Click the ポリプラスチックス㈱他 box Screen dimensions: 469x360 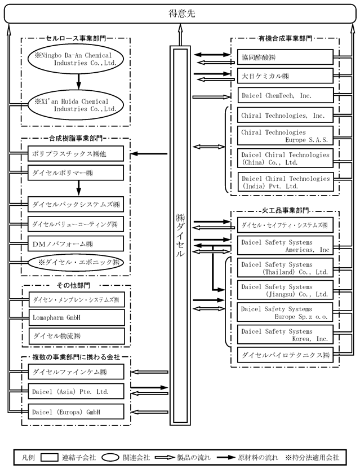pyautogui.click(x=75, y=153)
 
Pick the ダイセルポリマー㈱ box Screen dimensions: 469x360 pyautogui.click(x=75, y=171)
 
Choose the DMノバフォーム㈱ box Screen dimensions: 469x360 pyautogui.click(x=75, y=244)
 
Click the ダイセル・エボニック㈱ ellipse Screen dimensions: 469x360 pyautogui.click(x=75, y=262)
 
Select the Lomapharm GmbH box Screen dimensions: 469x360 pyautogui.click(x=75, y=317)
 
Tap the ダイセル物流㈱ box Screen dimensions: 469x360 pyautogui.click(x=75, y=335)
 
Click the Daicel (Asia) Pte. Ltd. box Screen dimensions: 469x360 pyautogui.click(x=75, y=390)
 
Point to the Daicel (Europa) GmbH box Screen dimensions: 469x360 pyautogui.click(x=75, y=412)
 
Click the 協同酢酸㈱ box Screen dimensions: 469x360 pyautogui.click(x=285, y=57)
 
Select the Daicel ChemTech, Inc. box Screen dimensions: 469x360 pyautogui.click(x=285, y=96)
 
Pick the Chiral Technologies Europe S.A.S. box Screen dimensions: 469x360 pyautogui.click(x=285, y=136)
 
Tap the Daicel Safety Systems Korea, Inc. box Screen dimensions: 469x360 pyautogui.click(x=285, y=335)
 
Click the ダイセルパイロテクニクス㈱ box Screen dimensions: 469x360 pyautogui.click(x=285, y=355)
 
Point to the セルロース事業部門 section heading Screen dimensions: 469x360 pyautogui.click(x=77, y=39)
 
